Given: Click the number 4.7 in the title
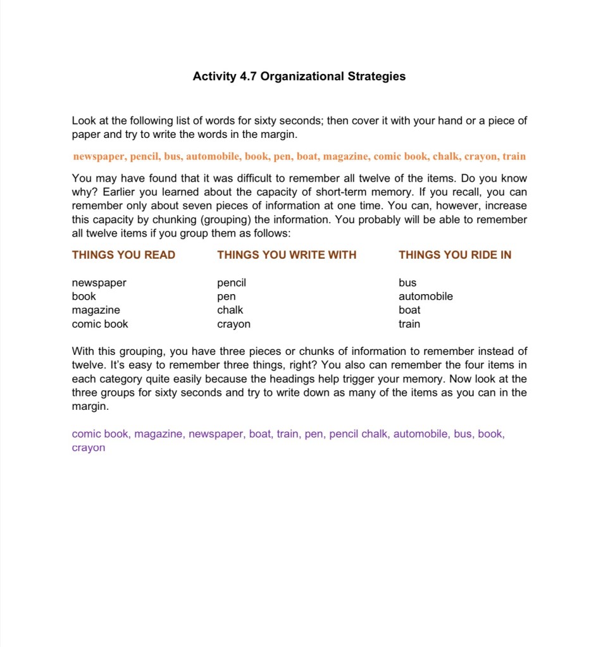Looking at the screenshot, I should (247, 77).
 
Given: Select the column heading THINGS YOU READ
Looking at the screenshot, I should (123, 255).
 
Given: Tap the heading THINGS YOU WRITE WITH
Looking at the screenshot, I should (287, 255).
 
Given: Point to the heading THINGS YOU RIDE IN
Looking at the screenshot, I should (455, 255).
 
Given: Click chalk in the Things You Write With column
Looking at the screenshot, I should (230, 310).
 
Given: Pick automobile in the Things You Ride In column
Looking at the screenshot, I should (425, 296).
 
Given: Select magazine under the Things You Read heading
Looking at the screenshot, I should (96, 310).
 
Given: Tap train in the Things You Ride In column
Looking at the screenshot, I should (409, 324).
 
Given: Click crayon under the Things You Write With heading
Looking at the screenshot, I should (233, 324).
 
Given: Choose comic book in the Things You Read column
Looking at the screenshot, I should (100, 324).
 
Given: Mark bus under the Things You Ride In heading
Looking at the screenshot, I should (407, 283).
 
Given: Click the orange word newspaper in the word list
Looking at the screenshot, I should (98, 156).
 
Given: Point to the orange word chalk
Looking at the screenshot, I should (445, 156).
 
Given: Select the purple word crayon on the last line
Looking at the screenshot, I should (89, 448).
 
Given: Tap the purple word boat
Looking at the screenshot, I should (259, 434).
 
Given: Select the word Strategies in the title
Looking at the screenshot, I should (376, 77).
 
